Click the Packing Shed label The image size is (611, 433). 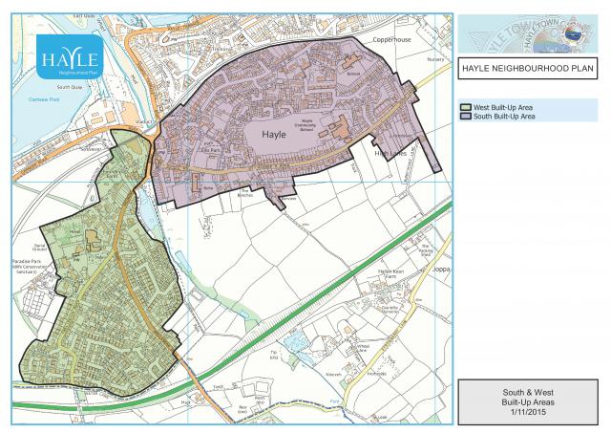click(x=426, y=251)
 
